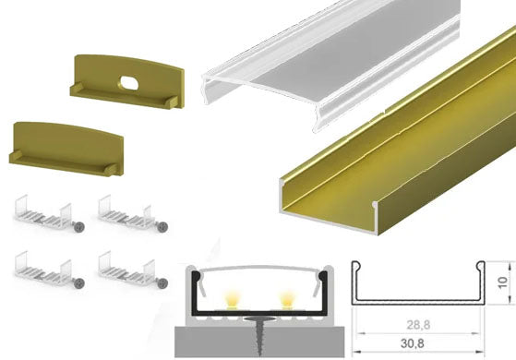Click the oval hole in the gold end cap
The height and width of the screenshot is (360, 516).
pyautogui.click(x=129, y=82)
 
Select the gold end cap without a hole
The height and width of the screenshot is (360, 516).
pyautogui.click(x=66, y=148)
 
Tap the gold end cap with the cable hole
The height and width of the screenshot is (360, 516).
pyautogui.click(x=127, y=81)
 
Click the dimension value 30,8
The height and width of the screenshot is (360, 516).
pyautogui.click(x=412, y=343)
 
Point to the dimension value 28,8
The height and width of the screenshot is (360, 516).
pyautogui.click(x=418, y=325)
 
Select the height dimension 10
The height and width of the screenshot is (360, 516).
pyautogui.click(x=503, y=282)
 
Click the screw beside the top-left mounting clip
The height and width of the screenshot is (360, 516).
pyautogui.click(x=79, y=226)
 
